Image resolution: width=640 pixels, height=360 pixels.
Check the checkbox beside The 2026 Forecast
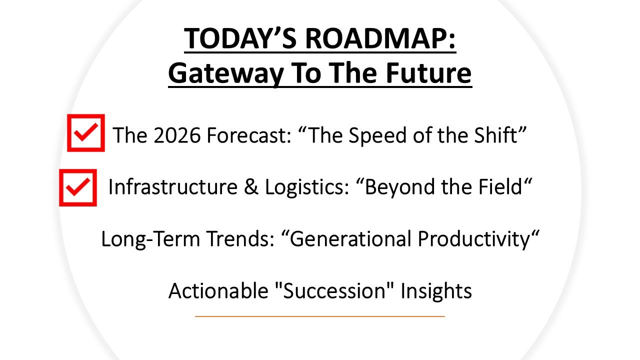pyautogui.click(x=86, y=133)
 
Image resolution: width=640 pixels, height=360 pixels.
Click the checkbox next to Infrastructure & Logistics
pyautogui.click(x=77, y=187)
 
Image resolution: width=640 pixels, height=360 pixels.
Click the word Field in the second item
pyautogui.click(x=499, y=187)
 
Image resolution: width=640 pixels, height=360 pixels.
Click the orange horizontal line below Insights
pyautogui.click(x=319, y=316)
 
